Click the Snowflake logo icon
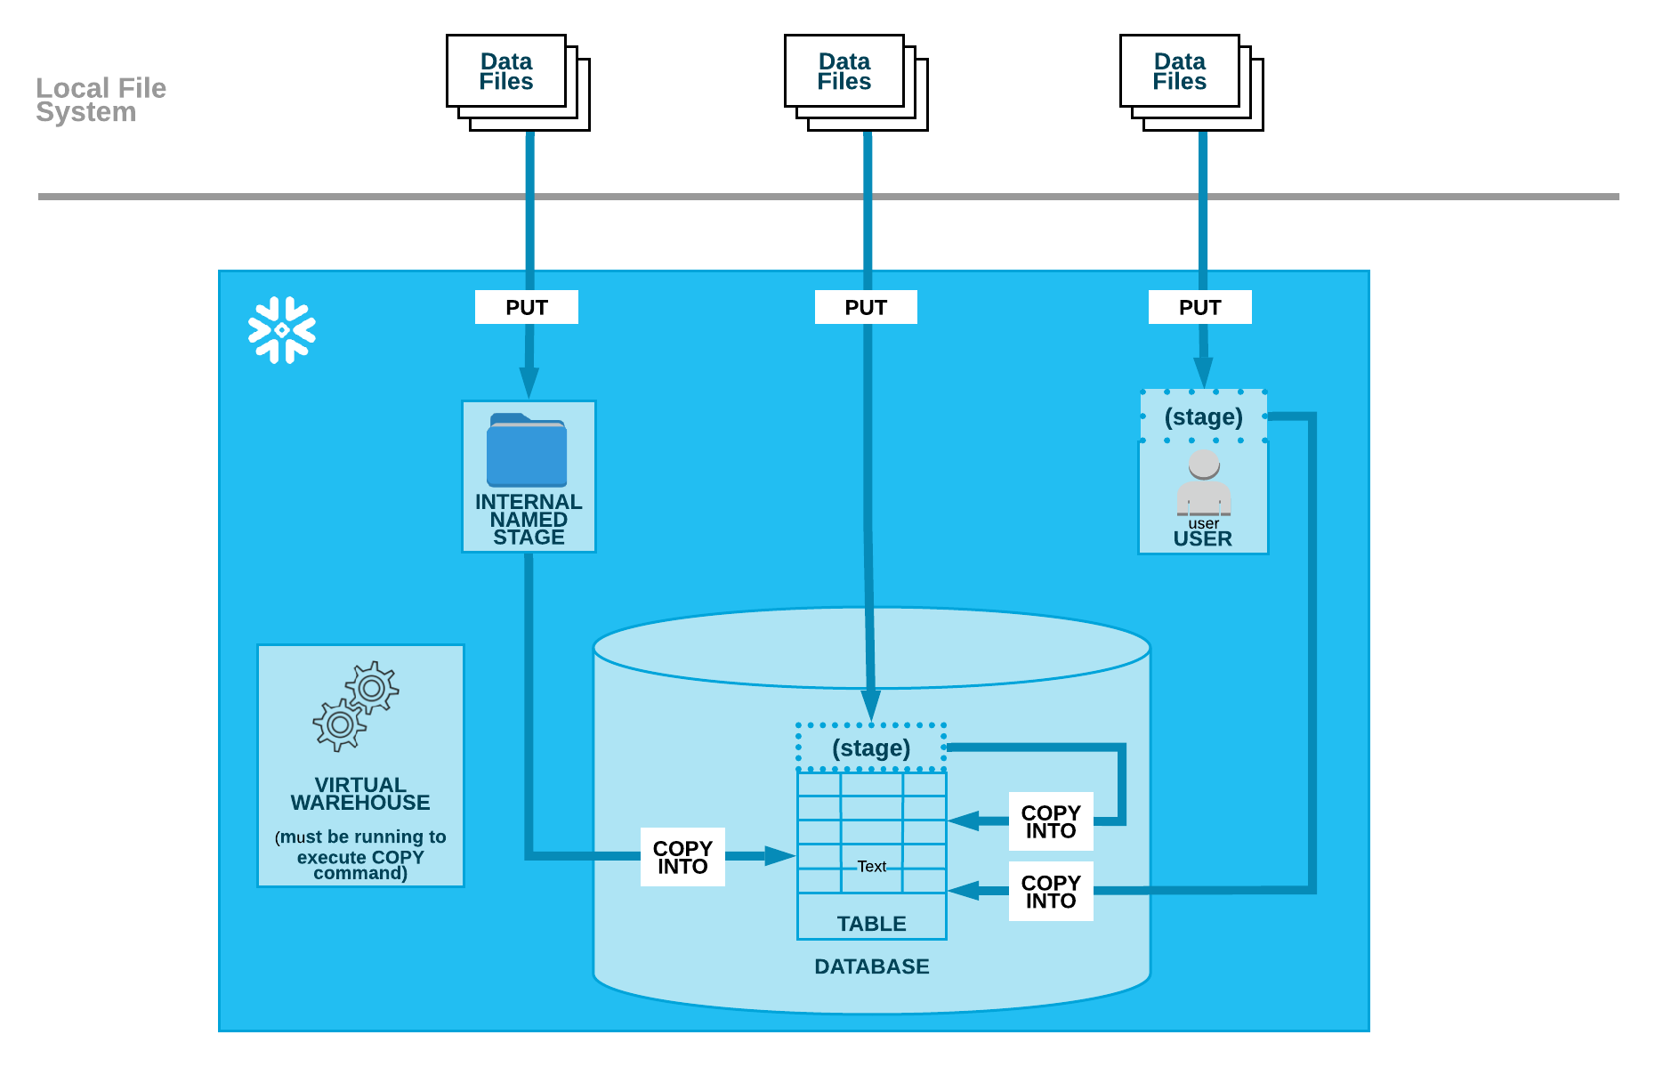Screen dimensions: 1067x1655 tap(281, 330)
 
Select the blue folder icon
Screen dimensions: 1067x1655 tap(527, 449)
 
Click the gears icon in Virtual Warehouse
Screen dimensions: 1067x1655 tap(356, 705)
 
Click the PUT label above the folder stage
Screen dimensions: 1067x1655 tap(527, 308)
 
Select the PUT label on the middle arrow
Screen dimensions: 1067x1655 tap(866, 308)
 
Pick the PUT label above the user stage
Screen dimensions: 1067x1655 tap(1199, 308)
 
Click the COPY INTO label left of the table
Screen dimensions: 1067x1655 tap(682, 857)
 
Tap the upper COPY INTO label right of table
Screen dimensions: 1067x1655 tap(1051, 821)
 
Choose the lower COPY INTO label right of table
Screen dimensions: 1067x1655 tap(1051, 892)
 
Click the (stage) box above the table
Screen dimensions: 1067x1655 tap(871, 748)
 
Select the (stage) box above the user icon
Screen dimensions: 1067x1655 tap(1203, 416)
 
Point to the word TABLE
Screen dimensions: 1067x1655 tap(871, 924)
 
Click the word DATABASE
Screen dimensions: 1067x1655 tap(871, 966)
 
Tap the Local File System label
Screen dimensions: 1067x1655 tap(101, 100)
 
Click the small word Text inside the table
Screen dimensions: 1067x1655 tap(871, 866)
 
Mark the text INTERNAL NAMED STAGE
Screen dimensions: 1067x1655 tap(529, 520)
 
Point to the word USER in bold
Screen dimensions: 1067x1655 tap(1202, 539)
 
